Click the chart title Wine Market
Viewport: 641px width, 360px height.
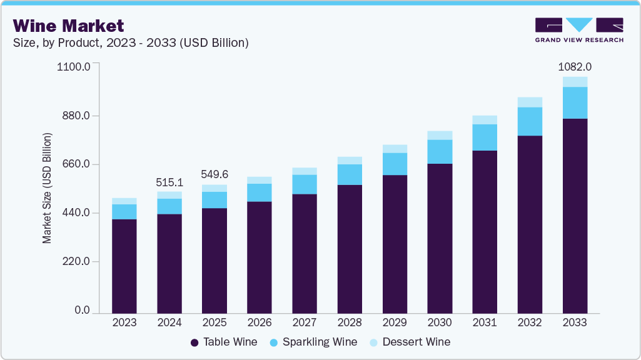68,26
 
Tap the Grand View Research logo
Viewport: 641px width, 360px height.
579,30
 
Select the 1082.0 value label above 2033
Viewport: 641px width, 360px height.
575,67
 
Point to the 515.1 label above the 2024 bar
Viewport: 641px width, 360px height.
169,182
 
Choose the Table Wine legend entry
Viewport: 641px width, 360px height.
223,342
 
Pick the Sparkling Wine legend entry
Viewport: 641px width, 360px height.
313,342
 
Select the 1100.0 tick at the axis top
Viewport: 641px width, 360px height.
74,66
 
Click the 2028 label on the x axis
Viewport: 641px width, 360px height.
350,322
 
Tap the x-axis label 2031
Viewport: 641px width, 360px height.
485,322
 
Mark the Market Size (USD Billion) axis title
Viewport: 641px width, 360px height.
48,188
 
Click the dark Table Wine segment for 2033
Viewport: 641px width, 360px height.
575,216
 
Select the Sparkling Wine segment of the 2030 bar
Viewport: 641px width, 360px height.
440,152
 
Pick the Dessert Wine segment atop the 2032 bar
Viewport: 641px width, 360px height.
530,102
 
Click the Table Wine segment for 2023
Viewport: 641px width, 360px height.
124,266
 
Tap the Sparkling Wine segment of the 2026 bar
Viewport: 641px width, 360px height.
260,192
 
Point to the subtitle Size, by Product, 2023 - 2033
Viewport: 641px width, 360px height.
131,42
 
